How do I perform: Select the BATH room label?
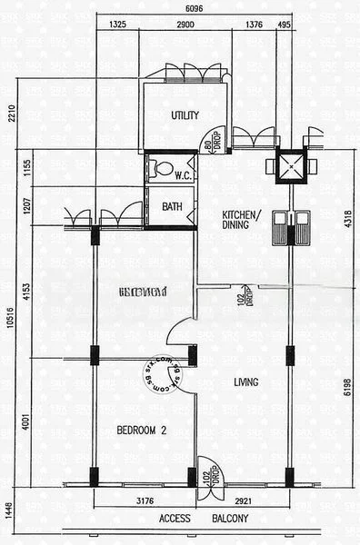click(172, 207)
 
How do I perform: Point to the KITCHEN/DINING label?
click(242, 222)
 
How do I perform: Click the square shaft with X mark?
click(289, 165)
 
